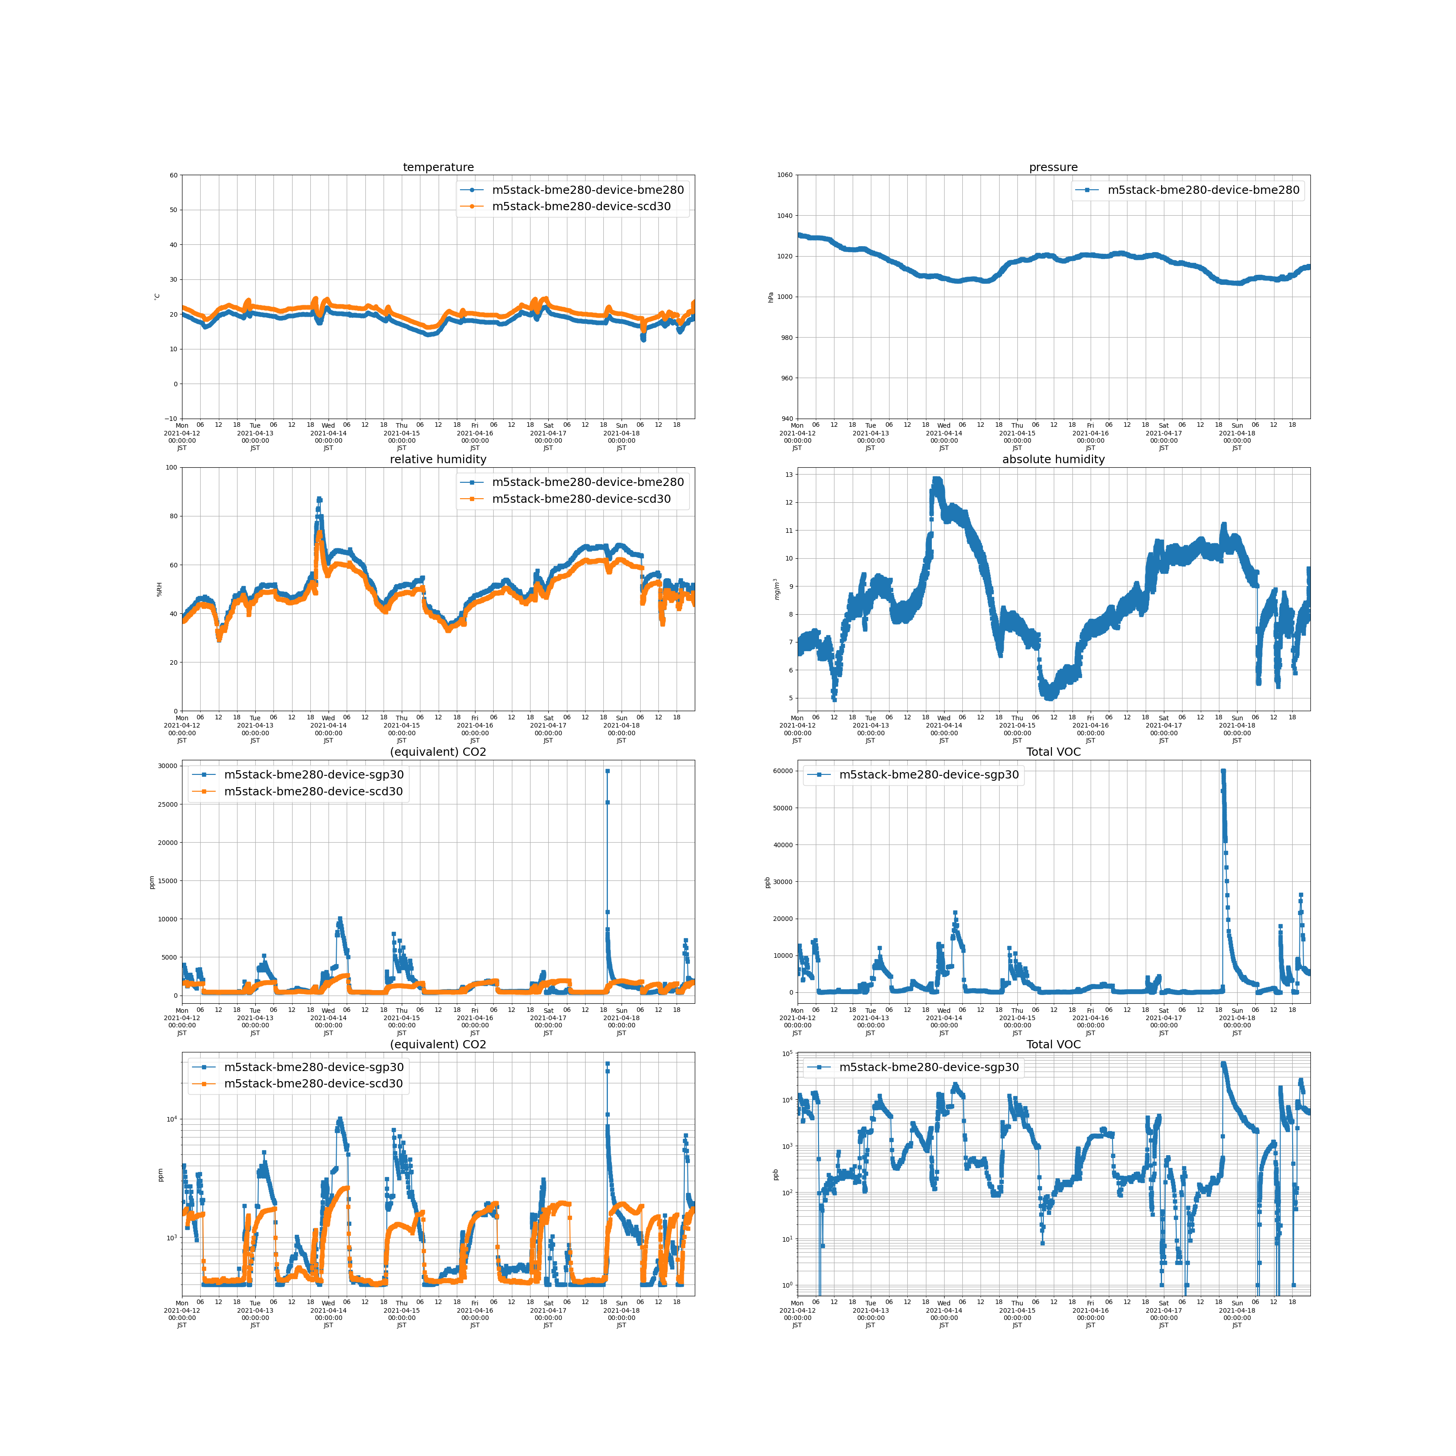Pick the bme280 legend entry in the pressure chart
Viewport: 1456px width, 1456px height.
point(1203,190)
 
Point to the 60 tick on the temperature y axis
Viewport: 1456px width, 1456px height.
point(173,176)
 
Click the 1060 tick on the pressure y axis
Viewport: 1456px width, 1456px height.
point(784,176)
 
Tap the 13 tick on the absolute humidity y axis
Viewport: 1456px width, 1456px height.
point(789,475)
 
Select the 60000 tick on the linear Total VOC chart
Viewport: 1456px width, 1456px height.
point(783,771)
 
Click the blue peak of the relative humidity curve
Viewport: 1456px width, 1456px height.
point(319,499)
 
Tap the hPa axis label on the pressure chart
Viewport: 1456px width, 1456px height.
point(771,297)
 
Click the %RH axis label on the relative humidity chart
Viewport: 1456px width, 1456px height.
point(159,589)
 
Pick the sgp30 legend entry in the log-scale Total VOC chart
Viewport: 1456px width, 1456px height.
point(929,1067)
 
